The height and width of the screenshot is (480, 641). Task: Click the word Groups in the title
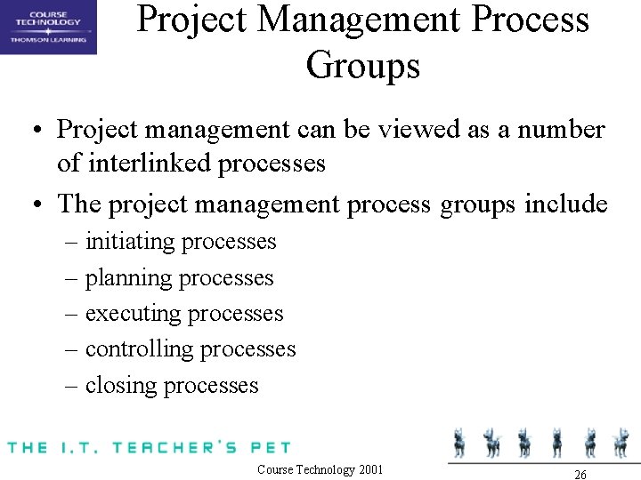(362, 65)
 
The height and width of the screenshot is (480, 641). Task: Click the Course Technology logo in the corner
(48, 27)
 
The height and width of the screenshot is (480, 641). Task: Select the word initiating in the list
(132, 242)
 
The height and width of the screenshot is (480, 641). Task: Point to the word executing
(133, 314)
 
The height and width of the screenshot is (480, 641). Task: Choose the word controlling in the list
(139, 349)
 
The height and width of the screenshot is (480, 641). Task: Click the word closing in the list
(121, 386)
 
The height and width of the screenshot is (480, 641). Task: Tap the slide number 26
(580, 475)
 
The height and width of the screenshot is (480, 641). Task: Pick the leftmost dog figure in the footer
(460, 441)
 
